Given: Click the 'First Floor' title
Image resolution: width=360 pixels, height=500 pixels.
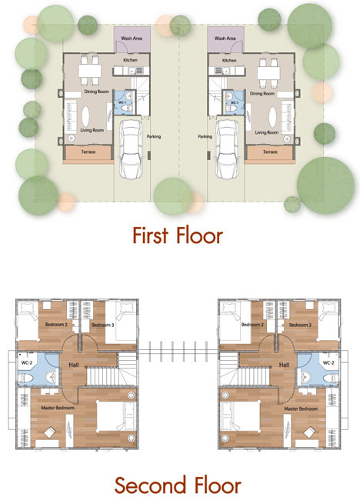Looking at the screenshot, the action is coord(178,235).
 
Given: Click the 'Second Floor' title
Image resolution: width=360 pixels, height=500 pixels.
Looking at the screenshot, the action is coord(178,485).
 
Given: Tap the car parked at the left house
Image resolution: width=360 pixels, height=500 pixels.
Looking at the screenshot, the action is coord(131,149).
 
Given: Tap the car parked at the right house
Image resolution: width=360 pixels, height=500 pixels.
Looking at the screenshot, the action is coord(228,149).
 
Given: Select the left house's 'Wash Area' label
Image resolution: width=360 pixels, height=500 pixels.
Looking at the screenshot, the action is coord(132,38).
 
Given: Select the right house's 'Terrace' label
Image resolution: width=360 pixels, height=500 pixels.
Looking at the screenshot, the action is coord(270,152).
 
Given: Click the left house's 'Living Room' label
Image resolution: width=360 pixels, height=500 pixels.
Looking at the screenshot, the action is coord(92,130).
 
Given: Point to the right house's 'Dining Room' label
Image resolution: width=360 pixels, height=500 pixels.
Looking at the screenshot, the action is coord(262,93).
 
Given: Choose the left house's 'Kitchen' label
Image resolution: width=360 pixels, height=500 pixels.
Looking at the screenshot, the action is coord(131,60).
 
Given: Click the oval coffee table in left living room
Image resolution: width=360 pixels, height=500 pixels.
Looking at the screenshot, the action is coord(86,116).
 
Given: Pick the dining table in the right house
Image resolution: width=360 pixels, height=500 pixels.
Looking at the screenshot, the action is coord(268,73).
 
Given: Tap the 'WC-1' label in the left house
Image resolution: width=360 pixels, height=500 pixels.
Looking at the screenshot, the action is coord(122,102).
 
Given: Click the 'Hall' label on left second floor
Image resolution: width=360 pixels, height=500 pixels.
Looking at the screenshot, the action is coord(74,365).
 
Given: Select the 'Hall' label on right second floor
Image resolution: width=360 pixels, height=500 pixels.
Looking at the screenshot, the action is coord(284,365).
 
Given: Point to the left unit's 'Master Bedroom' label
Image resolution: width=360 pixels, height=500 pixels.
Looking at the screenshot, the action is coord(58,408).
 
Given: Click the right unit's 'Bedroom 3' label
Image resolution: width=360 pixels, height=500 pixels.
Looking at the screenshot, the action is coord(300,325).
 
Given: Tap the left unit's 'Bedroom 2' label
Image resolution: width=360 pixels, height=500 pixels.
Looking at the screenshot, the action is coord(56,325).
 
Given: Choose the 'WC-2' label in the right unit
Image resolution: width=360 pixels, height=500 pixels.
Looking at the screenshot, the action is coord(328,363).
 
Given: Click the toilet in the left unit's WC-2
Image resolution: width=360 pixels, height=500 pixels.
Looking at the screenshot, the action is coord(25,378).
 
